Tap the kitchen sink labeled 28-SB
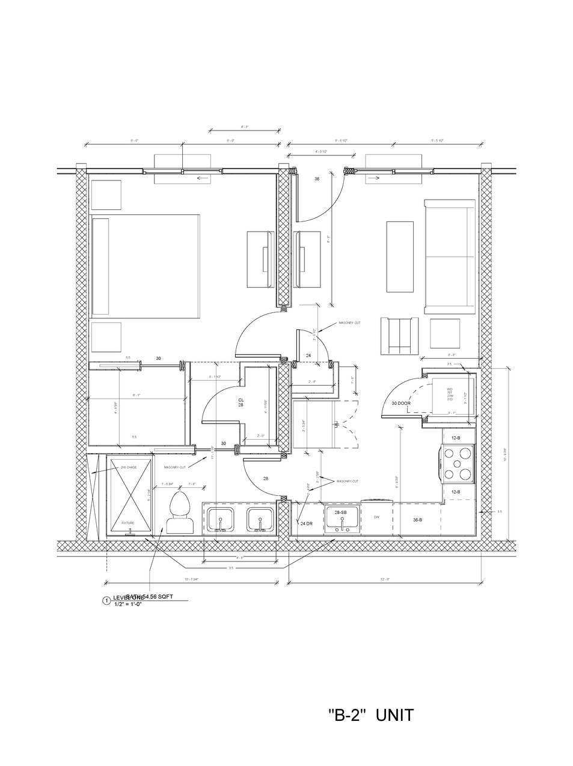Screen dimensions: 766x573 pos(342,518)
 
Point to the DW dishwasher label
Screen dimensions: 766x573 pos(377,517)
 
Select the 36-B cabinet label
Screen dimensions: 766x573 pos(417,519)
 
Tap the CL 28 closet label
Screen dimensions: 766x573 pos(241,402)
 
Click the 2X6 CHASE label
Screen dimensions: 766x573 pos(127,467)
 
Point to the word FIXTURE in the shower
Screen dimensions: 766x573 pos(127,523)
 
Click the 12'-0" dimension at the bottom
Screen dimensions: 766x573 pos(385,579)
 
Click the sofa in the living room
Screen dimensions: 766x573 pos(449,256)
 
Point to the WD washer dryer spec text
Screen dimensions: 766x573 pos(450,395)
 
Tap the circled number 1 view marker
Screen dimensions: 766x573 pos(106,601)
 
